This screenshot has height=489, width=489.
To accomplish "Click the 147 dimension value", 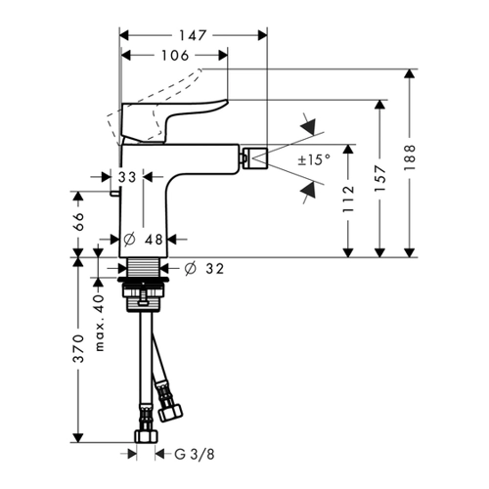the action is tap(193, 35).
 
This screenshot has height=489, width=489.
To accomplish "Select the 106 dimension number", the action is tap(175, 56).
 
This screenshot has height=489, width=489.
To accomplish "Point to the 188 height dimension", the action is tap(410, 157).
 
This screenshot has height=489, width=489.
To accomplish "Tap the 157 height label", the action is tap(379, 178).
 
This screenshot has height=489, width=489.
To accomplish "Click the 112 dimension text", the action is tap(348, 200).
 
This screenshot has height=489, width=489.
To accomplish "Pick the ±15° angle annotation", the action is tap(314, 159).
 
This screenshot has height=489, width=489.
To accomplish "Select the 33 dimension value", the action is tap(127, 177).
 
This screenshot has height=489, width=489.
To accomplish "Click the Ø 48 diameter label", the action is tap(144, 240).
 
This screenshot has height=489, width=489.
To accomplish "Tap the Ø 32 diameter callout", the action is tap(204, 269).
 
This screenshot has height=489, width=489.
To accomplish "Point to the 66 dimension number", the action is tap(78, 221).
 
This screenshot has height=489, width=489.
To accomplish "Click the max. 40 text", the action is tap(100, 323).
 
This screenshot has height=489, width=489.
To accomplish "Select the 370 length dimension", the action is tap(78, 348).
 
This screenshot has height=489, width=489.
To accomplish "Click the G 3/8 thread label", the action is tap(195, 454).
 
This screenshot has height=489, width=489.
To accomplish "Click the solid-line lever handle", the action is tap(174, 121).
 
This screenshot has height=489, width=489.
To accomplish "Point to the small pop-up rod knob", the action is tap(115, 194).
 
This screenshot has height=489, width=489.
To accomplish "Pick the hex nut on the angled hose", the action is tap(170, 412).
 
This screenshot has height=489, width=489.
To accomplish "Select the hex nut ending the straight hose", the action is tap(147, 436).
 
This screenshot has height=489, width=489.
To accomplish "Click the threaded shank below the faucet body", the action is tap(144, 267).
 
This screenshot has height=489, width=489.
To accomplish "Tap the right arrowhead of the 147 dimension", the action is tap(263, 35).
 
